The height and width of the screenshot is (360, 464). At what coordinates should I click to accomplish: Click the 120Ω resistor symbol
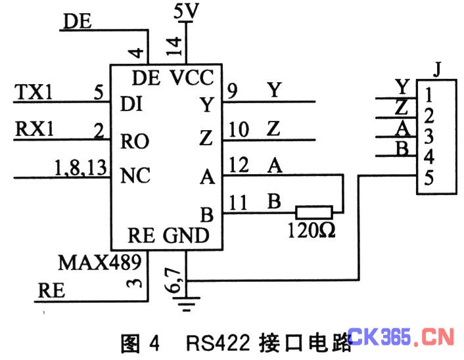tap(314, 212)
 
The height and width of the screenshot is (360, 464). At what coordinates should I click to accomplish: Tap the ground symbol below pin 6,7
tap(187, 304)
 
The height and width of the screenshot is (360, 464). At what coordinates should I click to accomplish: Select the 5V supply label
tap(186, 11)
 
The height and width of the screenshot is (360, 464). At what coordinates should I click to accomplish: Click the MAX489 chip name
tap(100, 262)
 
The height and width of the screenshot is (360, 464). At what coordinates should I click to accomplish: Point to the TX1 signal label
tap(34, 92)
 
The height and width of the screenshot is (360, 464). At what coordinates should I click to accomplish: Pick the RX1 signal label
tap(34, 129)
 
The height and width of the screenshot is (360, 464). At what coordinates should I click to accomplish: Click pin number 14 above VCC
tap(174, 46)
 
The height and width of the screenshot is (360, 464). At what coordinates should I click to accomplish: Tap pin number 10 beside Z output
tap(239, 129)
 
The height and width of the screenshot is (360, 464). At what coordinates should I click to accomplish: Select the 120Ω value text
tap(312, 230)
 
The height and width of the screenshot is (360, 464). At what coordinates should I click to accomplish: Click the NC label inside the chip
tap(135, 175)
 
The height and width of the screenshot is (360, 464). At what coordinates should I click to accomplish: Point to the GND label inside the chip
tap(186, 235)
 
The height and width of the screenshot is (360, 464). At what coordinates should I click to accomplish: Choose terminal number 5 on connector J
tap(429, 178)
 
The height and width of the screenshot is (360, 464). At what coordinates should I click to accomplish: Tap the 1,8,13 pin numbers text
tap(80, 168)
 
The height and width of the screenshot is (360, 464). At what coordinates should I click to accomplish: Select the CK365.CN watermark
tap(401, 337)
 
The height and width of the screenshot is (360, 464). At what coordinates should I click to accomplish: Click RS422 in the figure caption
tap(218, 343)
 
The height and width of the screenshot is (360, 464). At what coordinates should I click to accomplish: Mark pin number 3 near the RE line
tap(134, 282)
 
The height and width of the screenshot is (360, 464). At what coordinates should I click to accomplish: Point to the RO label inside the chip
tap(135, 141)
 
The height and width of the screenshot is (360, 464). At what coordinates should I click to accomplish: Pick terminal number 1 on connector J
tap(429, 95)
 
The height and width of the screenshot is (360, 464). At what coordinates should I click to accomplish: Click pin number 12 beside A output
tap(239, 165)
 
